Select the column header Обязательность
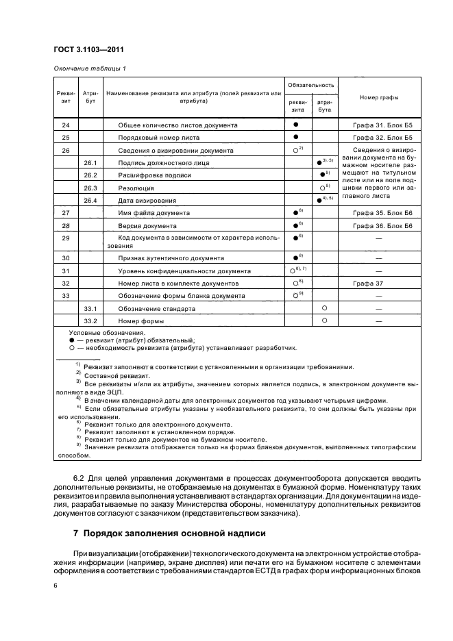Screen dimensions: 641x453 point(310,85)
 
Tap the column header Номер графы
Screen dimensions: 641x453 point(379,97)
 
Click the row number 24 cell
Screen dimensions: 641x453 point(66,125)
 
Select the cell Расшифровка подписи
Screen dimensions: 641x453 point(155,175)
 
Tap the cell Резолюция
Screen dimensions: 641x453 point(136,188)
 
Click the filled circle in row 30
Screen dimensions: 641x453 point(296,258)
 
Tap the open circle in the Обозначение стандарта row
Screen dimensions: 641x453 point(324,308)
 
